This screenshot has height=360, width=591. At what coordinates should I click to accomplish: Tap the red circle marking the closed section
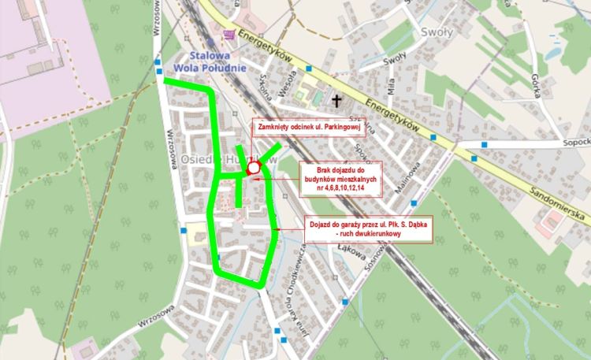point(253,168)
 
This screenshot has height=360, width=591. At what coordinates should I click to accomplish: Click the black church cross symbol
point(337,101)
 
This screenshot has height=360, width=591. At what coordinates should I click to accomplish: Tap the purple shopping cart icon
point(229,34)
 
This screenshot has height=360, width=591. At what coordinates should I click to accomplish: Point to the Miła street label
point(390,76)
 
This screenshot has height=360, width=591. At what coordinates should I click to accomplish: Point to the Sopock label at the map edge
point(571,145)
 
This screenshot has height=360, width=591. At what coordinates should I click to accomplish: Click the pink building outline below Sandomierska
point(548,221)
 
